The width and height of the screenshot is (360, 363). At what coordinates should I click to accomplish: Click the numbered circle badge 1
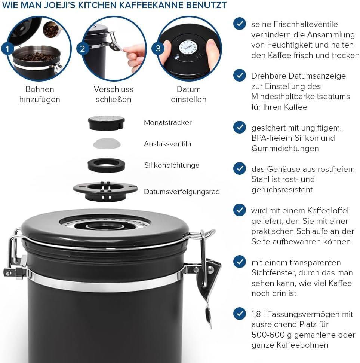[x=7, y=49]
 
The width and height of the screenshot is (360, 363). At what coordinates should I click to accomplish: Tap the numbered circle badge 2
[x=83, y=49]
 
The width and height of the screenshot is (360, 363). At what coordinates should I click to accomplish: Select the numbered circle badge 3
[x=158, y=48]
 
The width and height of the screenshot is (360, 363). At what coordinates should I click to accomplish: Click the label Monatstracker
[x=168, y=122]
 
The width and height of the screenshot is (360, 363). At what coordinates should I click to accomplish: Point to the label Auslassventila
[x=167, y=144]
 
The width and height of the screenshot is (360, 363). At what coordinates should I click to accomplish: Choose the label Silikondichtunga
[x=172, y=165]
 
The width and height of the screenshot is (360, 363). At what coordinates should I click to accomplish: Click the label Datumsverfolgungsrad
[x=182, y=192]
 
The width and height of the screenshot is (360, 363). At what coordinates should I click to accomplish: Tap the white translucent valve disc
[x=107, y=144]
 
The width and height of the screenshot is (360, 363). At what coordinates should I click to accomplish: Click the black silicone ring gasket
[x=107, y=165]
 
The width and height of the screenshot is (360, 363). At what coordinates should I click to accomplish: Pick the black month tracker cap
[x=107, y=123]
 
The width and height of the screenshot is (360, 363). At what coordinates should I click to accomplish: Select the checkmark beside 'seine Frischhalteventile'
[x=240, y=23]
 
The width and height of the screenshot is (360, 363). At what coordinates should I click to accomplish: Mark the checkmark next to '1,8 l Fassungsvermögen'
[x=240, y=314]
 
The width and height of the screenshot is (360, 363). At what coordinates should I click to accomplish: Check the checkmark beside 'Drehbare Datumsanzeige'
[x=240, y=75]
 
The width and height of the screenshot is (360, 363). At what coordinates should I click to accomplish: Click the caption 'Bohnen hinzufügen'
[x=40, y=94]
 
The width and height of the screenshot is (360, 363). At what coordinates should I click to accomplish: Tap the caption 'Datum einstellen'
[x=188, y=94]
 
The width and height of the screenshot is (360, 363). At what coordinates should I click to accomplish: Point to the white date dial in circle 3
[x=188, y=48]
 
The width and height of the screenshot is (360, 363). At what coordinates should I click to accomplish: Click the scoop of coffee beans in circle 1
[x=50, y=30]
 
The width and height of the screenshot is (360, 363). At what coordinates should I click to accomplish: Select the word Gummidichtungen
[x=285, y=149]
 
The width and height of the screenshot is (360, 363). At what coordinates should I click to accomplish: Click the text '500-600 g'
[x=272, y=335]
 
